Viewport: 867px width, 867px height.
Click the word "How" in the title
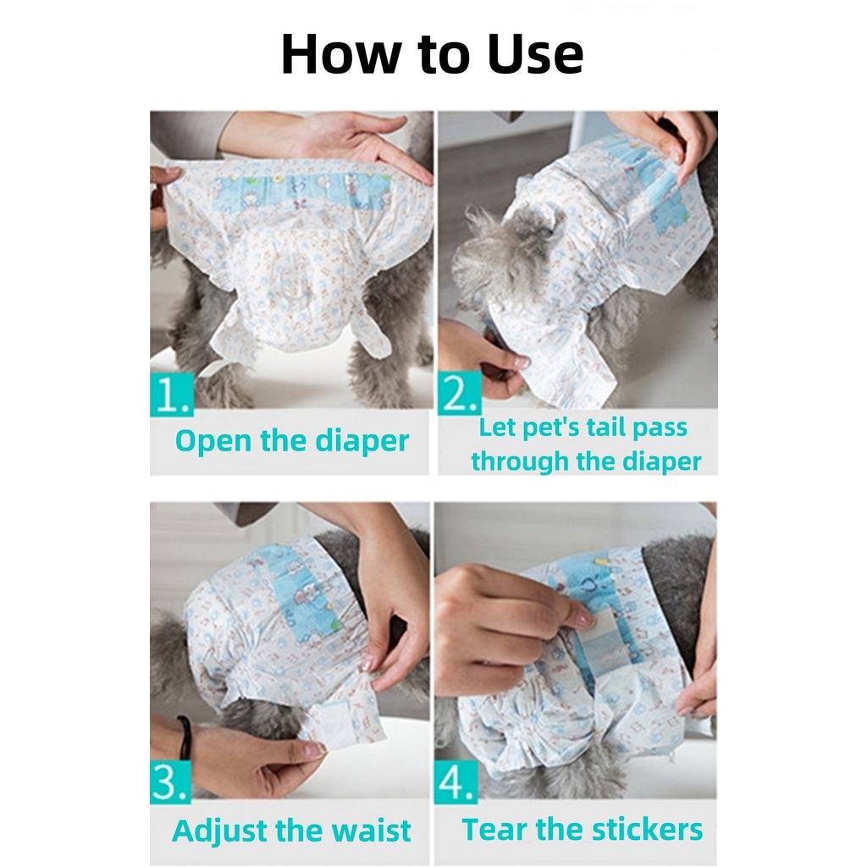[x=333, y=54]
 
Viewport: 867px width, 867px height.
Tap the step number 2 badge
[x=459, y=395]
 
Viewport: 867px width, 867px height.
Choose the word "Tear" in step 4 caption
[x=491, y=830]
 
